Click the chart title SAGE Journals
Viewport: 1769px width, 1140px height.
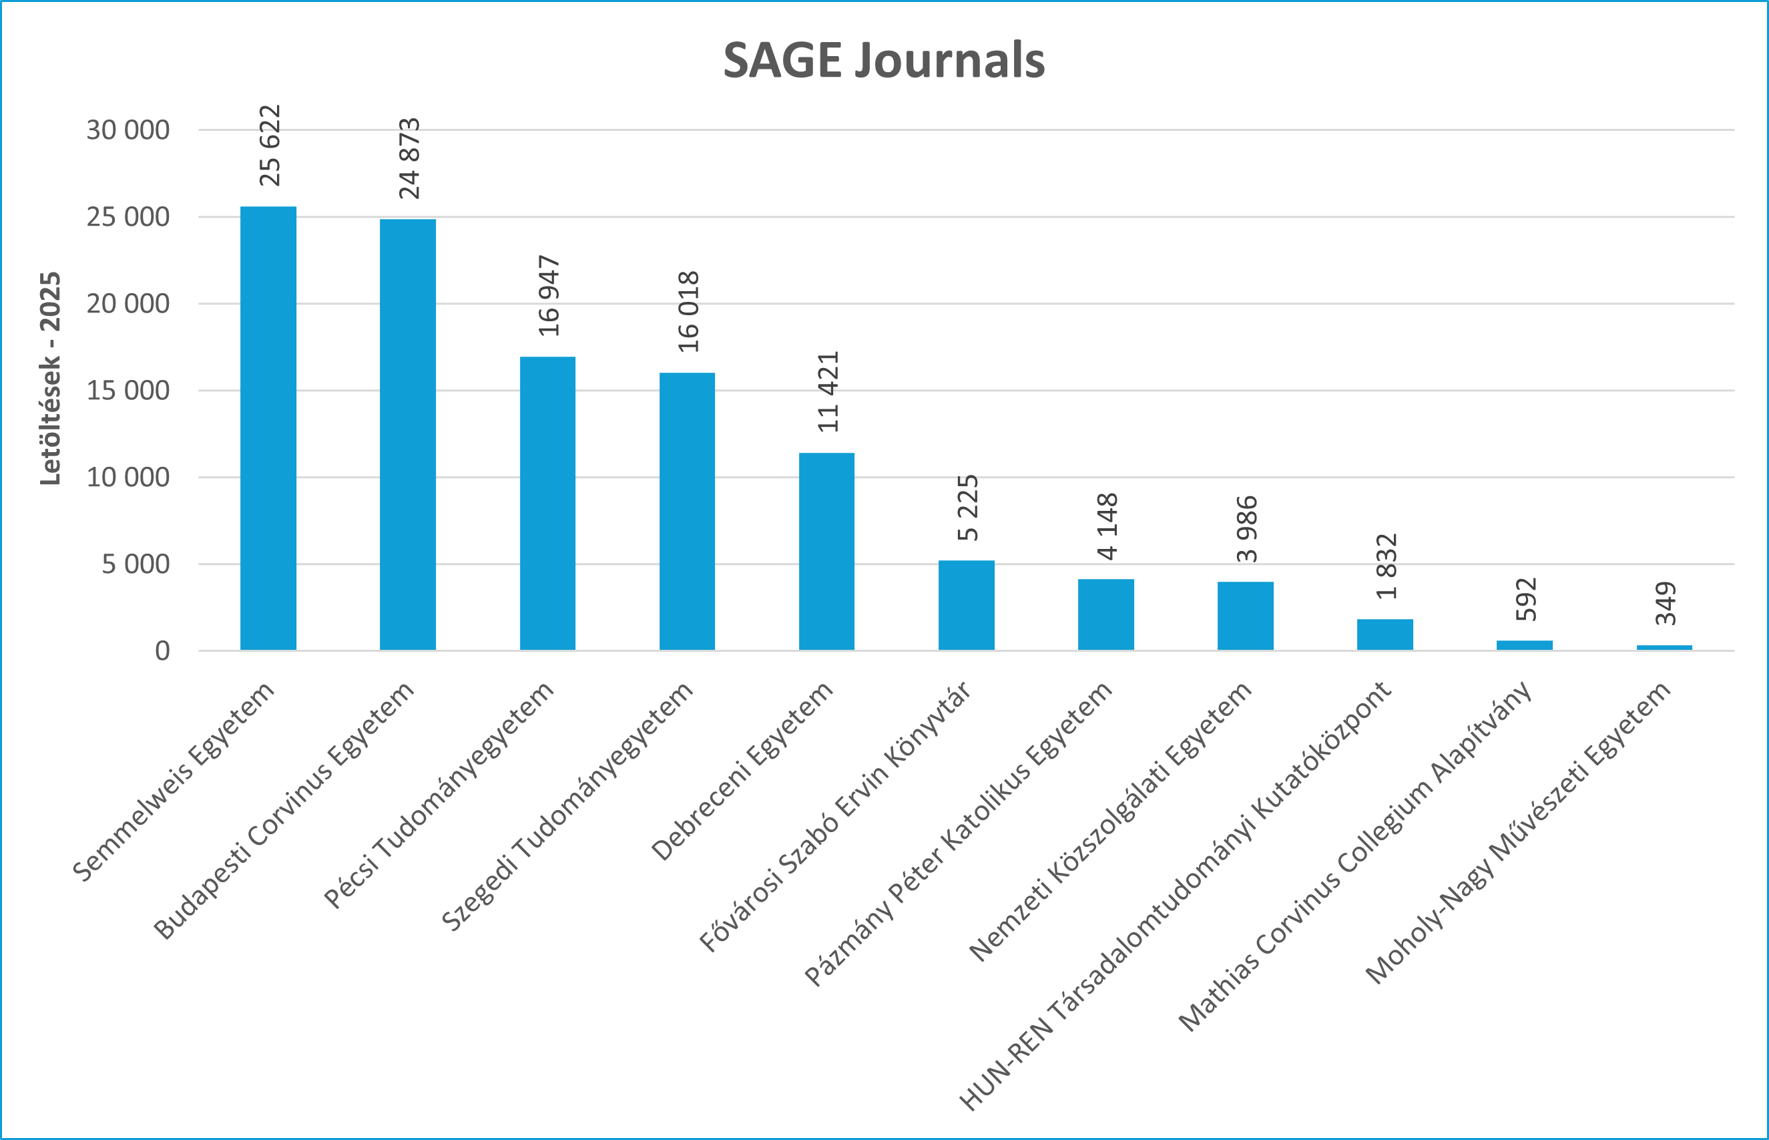tap(883, 60)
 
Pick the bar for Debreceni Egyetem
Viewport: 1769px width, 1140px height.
tap(826, 552)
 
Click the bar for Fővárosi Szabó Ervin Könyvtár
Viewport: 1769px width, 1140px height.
tap(966, 605)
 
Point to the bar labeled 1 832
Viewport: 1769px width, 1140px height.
tap(1385, 634)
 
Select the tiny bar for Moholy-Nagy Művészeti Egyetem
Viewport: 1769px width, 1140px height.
tap(1664, 647)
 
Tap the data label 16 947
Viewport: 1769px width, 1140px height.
tap(549, 296)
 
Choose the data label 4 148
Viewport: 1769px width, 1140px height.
tap(1107, 526)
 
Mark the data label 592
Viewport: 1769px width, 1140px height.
tap(1525, 600)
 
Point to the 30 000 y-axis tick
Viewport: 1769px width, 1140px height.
tap(128, 130)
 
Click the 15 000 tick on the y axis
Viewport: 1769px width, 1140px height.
tap(128, 391)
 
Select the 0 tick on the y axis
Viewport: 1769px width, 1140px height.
tap(162, 651)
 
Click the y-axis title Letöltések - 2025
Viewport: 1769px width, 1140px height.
tap(50, 379)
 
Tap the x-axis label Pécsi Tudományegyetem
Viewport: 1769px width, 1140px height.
tap(439, 794)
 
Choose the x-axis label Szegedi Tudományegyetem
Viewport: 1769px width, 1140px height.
tap(567, 806)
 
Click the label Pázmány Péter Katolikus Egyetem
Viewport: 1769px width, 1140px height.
tap(958, 834)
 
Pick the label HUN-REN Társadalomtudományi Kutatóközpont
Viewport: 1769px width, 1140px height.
tap(1175, 896)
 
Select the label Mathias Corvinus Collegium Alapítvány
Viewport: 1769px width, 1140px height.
tap(1354, 856)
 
